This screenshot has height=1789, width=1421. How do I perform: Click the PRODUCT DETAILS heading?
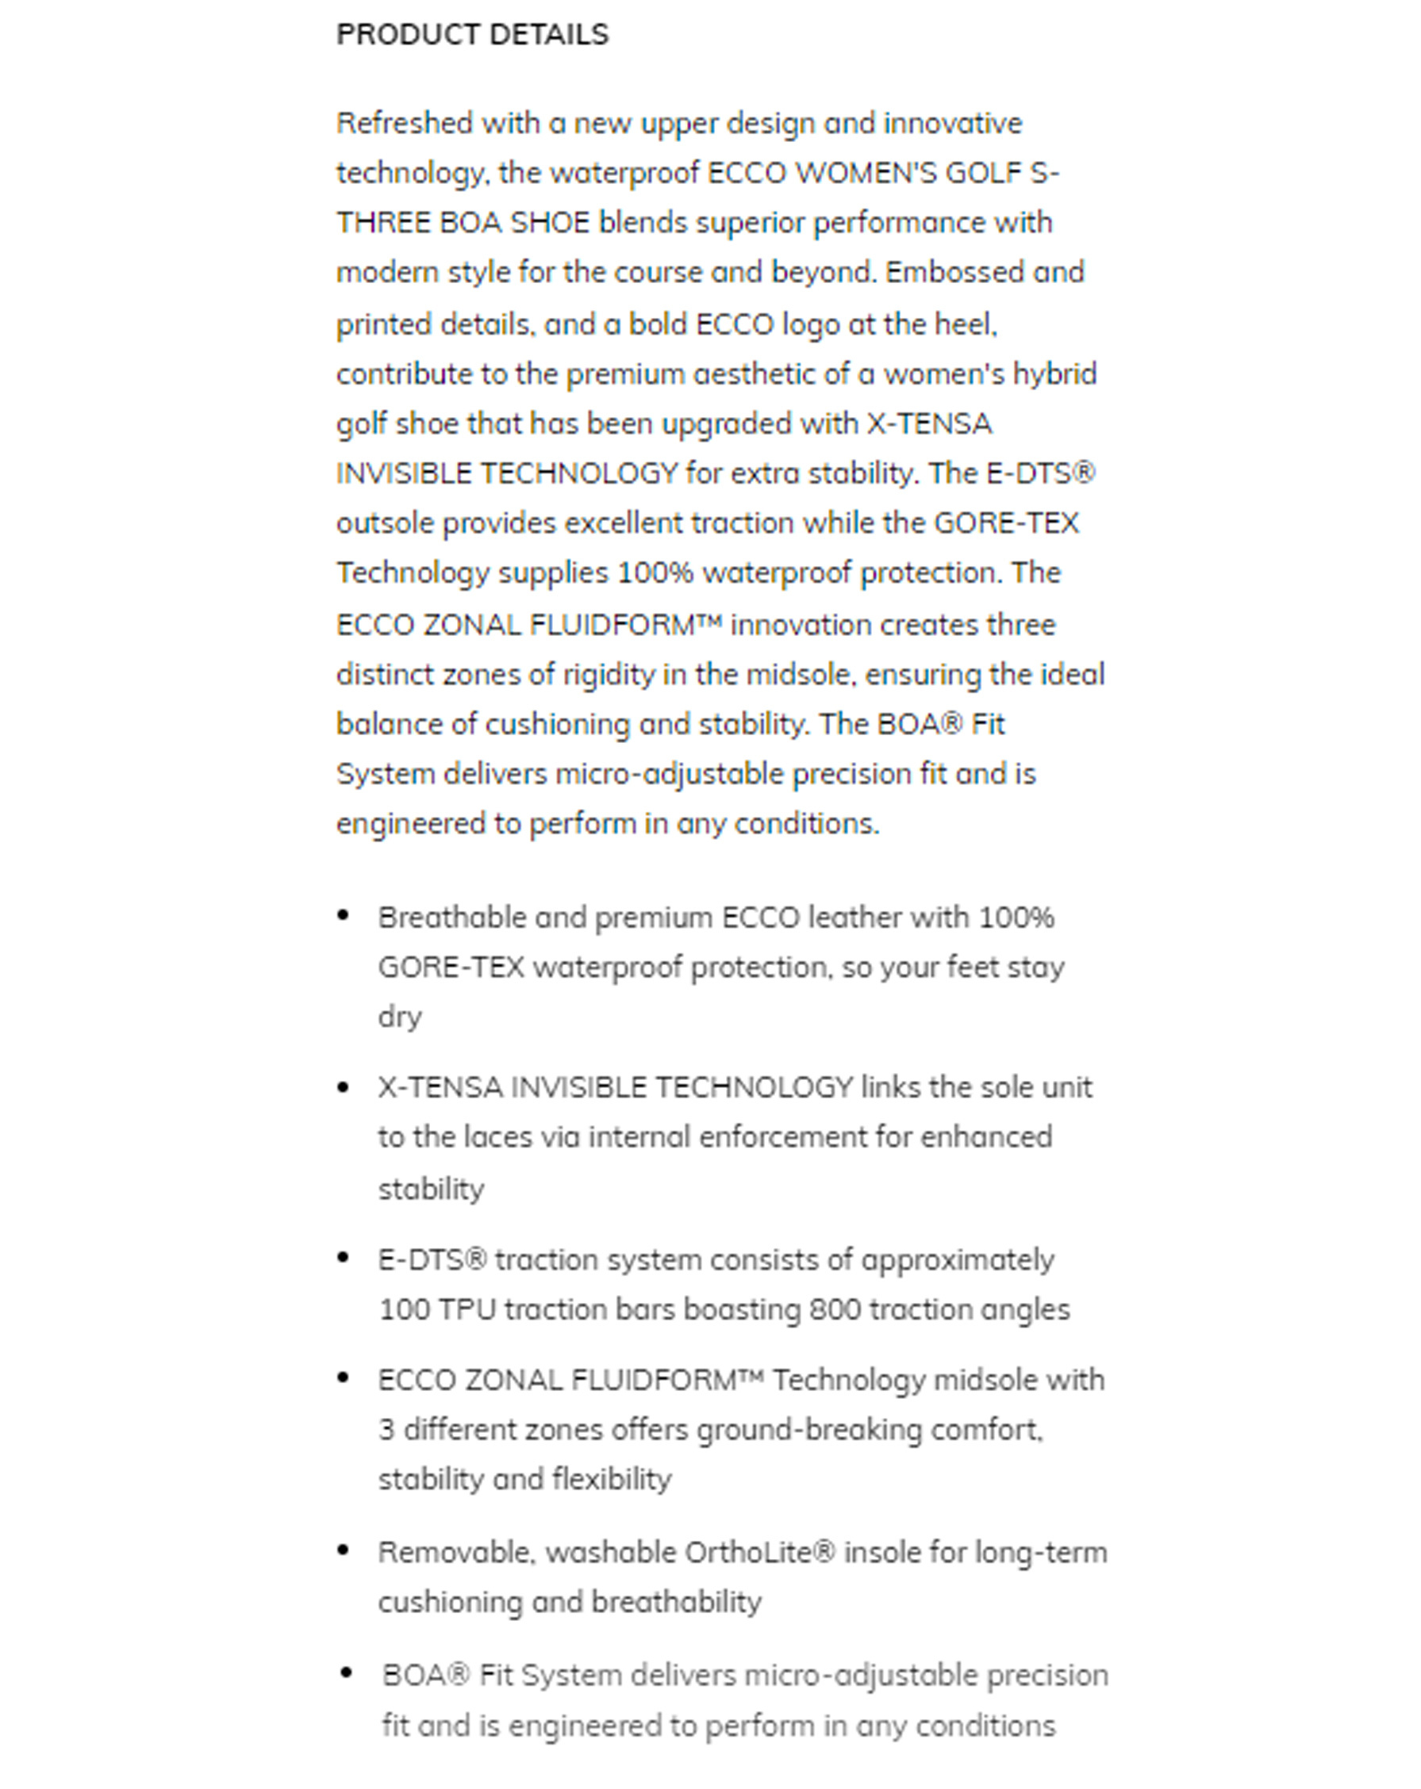pos(471,35)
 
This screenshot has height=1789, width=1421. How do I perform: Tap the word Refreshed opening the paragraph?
pos(403,124)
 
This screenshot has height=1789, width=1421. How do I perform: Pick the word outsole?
pos(384,523)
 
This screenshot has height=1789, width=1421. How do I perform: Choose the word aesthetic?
pos(753,374)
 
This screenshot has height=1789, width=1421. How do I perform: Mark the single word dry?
pos(399,1017)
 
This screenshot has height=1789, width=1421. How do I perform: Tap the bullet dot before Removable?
pos(343,1550)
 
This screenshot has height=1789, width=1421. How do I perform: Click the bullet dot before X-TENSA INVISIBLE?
pos(343,1087)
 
